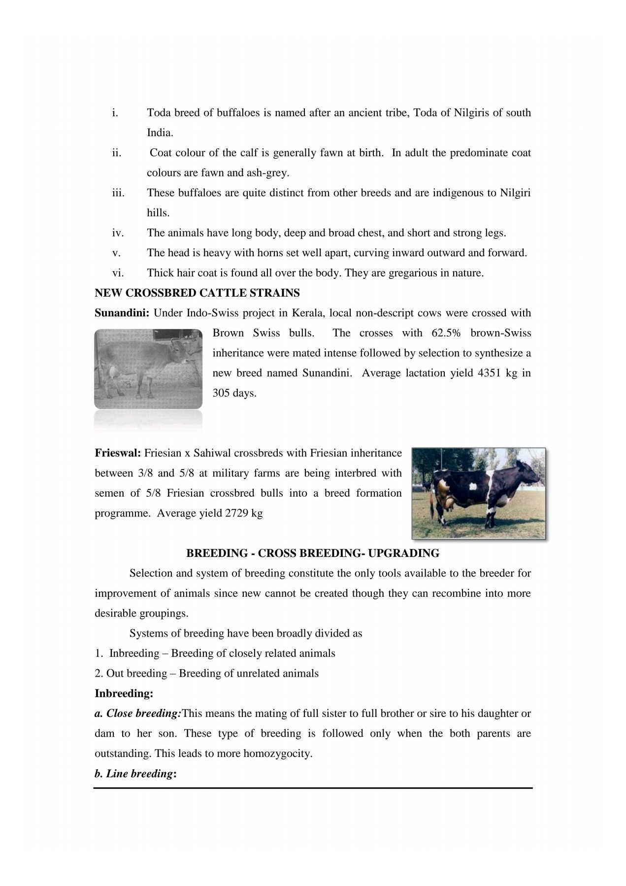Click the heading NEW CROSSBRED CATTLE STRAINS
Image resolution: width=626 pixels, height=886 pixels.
(197, 293)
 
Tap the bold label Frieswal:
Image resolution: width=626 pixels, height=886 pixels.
(118, 453)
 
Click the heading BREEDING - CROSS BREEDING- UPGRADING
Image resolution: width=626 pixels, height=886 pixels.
(313, 553)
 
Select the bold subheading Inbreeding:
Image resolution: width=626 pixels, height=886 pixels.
(124, 694)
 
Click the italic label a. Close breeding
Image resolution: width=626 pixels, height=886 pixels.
(138, 714)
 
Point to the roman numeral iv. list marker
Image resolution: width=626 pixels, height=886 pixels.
(118, 233)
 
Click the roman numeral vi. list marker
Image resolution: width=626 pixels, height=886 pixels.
(118, 273)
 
